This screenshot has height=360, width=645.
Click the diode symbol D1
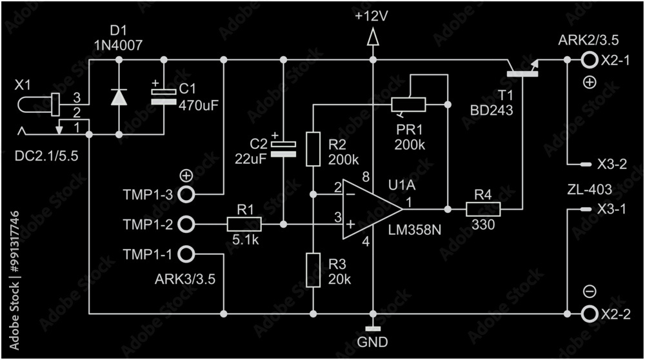click(119, 97)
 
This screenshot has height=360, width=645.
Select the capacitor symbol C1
click(163, 97)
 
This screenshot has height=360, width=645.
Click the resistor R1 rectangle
click(244, 224)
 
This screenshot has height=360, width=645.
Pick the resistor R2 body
click(313, 149)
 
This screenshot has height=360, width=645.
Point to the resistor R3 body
click(313, 270)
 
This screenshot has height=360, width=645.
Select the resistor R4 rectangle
click(483, 209)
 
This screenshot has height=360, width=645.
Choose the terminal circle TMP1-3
click(186, 194)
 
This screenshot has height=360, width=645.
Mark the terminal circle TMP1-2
click(186, 224)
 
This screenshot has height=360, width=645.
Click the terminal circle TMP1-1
click(186, 254)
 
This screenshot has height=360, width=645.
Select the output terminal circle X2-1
click(588, 60)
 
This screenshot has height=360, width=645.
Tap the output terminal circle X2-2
click(588, 314)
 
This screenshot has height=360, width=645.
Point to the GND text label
click(373, 341)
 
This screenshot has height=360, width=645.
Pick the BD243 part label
click(491, 111)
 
